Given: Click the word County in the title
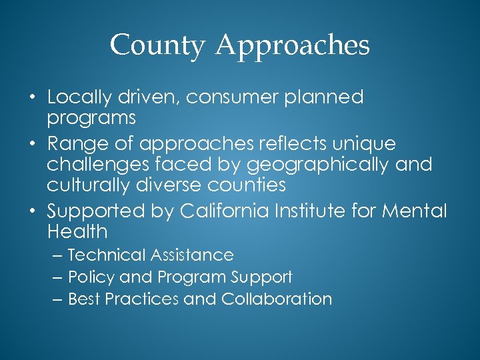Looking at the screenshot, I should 157,46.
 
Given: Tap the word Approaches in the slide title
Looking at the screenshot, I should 293,46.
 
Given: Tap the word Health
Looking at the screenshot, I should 77,232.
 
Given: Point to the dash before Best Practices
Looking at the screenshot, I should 58,299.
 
